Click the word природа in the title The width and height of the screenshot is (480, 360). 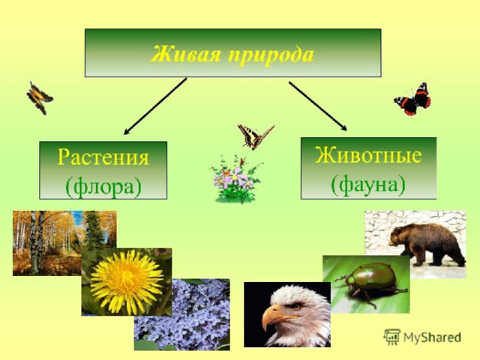pyautogui.click(x=271, y=55)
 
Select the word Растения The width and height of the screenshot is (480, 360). pyautogui.click(x=103, y=157)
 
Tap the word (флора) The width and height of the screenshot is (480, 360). pyautogui.click(x=103, y=185)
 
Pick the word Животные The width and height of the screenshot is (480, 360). pyautogui.click(x=368, y=155)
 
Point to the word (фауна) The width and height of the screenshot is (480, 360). pyautogui.click(x=368, y=184)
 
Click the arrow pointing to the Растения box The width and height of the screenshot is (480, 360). pyautogui.click(x=155, y=106)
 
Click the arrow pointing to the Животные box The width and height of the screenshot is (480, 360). pyautogui.click(x=318, y=106)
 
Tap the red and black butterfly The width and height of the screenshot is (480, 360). pyautogui.click(x=412, y=99)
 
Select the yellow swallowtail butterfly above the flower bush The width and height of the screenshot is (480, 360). pyautogui.click(x=255, y=136)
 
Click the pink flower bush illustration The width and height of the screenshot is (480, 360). pyautogui.click(x=235, y=179)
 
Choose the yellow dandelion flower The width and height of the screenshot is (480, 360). pyautogui.click(x=127, y=282)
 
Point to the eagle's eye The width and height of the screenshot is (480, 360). pyautogui.click(x=296, y=305)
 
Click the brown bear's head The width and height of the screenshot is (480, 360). pyautogui.click(x=398, y=236)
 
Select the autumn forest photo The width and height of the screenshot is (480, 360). pyautogui.click(x=64, y=243)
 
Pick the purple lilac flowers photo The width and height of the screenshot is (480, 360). pyautogui.click(x=181, y=315)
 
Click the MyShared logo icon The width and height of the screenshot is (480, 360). pyautogui.click(x=391, y=337)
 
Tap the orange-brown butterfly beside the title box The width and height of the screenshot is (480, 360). pyautogui.click(x=40, y=98)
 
